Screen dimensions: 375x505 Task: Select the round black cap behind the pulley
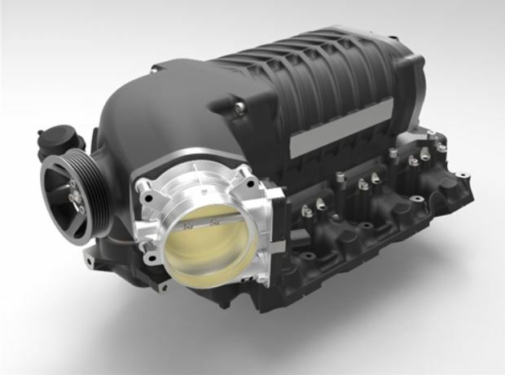61,138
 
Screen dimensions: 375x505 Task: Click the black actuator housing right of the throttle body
277,220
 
